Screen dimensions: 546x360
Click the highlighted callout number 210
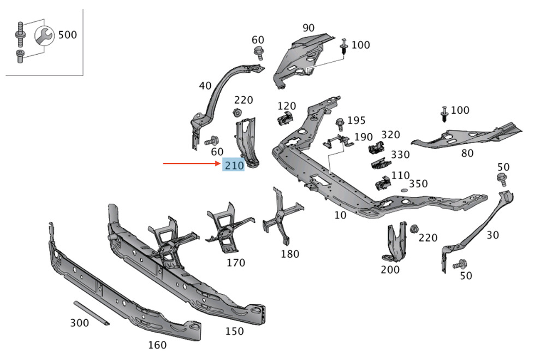click(x=234, y=165)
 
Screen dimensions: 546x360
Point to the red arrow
click(x=192, y=163)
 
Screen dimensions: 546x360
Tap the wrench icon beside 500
click(x=44, y=35)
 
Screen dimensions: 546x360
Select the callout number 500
click(x=68, y=34)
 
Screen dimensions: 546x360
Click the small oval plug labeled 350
click(x=404, y=190)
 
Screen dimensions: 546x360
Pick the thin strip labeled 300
click(x=92, y=314)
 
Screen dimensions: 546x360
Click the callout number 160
click(x=157, y=345)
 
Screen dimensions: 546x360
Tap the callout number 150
click(x=234, y=331)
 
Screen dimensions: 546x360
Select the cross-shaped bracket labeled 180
click(x=283, y=216)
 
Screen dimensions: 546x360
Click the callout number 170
click(x=236, y=262)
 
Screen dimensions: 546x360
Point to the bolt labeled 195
click(x=340, y=124)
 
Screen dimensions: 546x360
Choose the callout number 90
click(x=308, y=27)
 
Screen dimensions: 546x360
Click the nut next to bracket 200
click(x=414, y=229)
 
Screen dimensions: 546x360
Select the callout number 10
click(x=340, y=215)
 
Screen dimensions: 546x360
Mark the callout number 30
click(x=492, y=235)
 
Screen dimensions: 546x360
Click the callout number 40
click(x=205, y=85)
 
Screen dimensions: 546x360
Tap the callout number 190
click(x=364, y=137)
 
